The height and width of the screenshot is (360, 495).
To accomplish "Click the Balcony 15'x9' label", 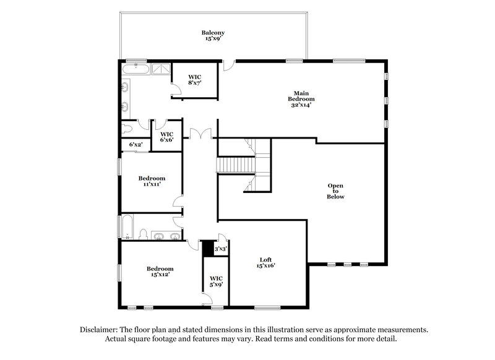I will pyautogui.click(x=212, y=36).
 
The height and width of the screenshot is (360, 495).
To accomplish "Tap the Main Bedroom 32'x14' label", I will pyautogui.click(x=301, y=99).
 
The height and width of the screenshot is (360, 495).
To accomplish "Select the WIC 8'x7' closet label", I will pyautogui.click(x=195, y=79).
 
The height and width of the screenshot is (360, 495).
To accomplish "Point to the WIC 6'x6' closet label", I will pyautogui.click(x=167, y=137).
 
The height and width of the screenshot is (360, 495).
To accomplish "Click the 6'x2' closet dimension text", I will pyautogui.click(x=136, y=145).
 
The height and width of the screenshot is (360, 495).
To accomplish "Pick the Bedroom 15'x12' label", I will pyautogui.click(x=160, y=272).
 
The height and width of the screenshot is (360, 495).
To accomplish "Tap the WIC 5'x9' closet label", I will pyautogui.click(x=216, y=281).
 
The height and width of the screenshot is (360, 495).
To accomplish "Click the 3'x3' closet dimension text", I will pyautogui.click(x=221, y=249).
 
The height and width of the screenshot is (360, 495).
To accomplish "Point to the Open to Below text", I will pyautogui.click(x=335, y=191).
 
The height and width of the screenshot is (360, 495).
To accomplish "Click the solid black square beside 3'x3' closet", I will pyautogui.click(x=207, y=246).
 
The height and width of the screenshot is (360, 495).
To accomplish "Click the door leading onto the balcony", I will pyautogui.click(x=229, y=63).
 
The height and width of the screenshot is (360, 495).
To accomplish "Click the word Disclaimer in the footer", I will pyautogui.click(x=99, y=330).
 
